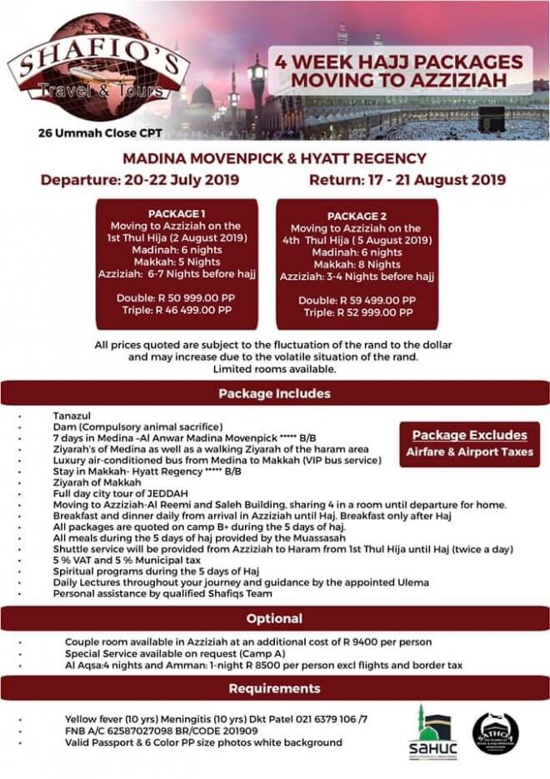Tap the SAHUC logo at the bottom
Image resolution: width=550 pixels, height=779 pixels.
[x=432, y=732]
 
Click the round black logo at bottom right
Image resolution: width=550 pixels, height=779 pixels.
[x=495, y=733]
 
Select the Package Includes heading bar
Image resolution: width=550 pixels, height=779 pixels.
[x=274, y=393]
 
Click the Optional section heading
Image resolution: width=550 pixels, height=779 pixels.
[x=274, y=619]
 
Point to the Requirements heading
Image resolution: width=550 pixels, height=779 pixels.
[x=274, y=688]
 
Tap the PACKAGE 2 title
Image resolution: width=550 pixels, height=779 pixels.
[x=357, y=215]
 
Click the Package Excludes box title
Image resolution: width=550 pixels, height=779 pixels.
[x=470, y=435]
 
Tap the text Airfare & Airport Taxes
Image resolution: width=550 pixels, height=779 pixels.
[x=470, y=452]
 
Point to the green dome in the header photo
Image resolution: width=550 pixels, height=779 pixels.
[x=202, y=93]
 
